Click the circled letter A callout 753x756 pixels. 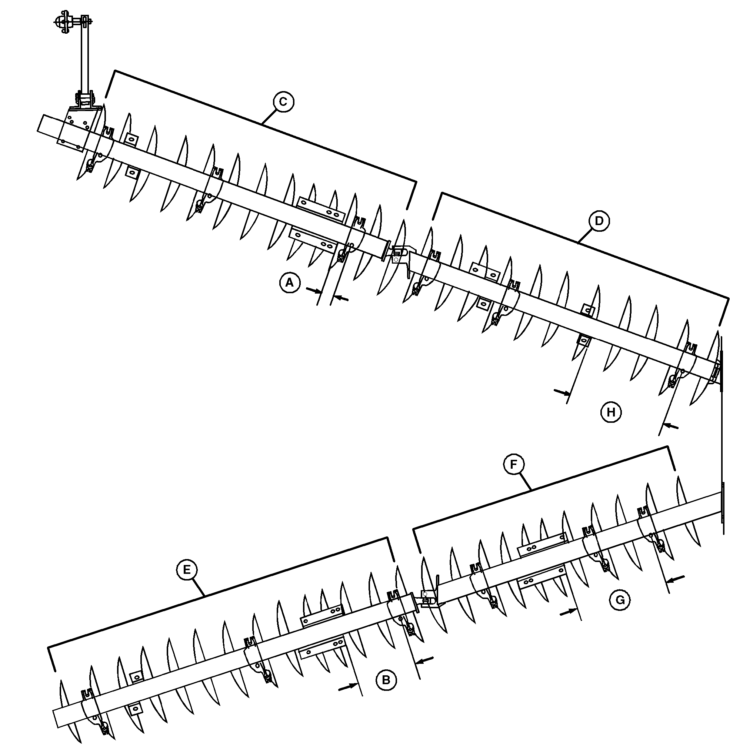(289, 282)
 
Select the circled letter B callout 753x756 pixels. (386, 680)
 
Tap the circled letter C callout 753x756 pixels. (283, 102)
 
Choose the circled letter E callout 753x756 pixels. (187, 569)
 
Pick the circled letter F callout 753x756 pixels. (513, 465)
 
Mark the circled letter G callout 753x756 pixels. (620, 600)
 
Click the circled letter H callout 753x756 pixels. (611, 412)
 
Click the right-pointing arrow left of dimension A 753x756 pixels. (314, 291)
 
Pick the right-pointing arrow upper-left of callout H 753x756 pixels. (562, 392)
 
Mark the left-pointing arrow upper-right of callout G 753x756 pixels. (676, 579)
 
